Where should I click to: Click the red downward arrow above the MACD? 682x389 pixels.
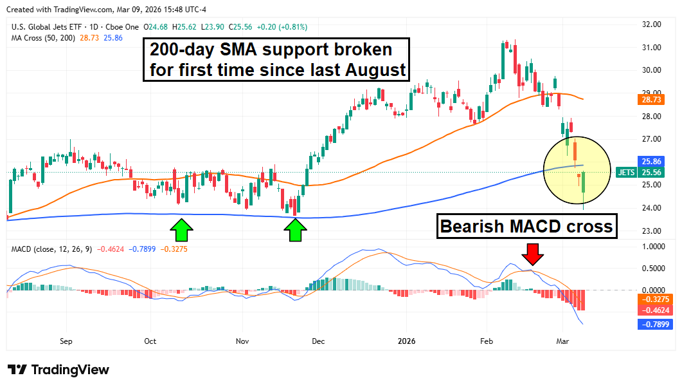click(532, 254)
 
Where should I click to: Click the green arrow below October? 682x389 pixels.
click(182, 229)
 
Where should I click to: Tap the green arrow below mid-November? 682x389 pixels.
click(296, 229)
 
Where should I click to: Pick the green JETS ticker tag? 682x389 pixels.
click(625, 173)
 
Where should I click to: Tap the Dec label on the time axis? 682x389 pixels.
click(318, 341)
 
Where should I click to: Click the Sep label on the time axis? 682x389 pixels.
click(66, 341)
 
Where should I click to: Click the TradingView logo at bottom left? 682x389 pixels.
click(58, 370)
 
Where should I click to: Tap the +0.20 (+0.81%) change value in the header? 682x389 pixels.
click(282, 27)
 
